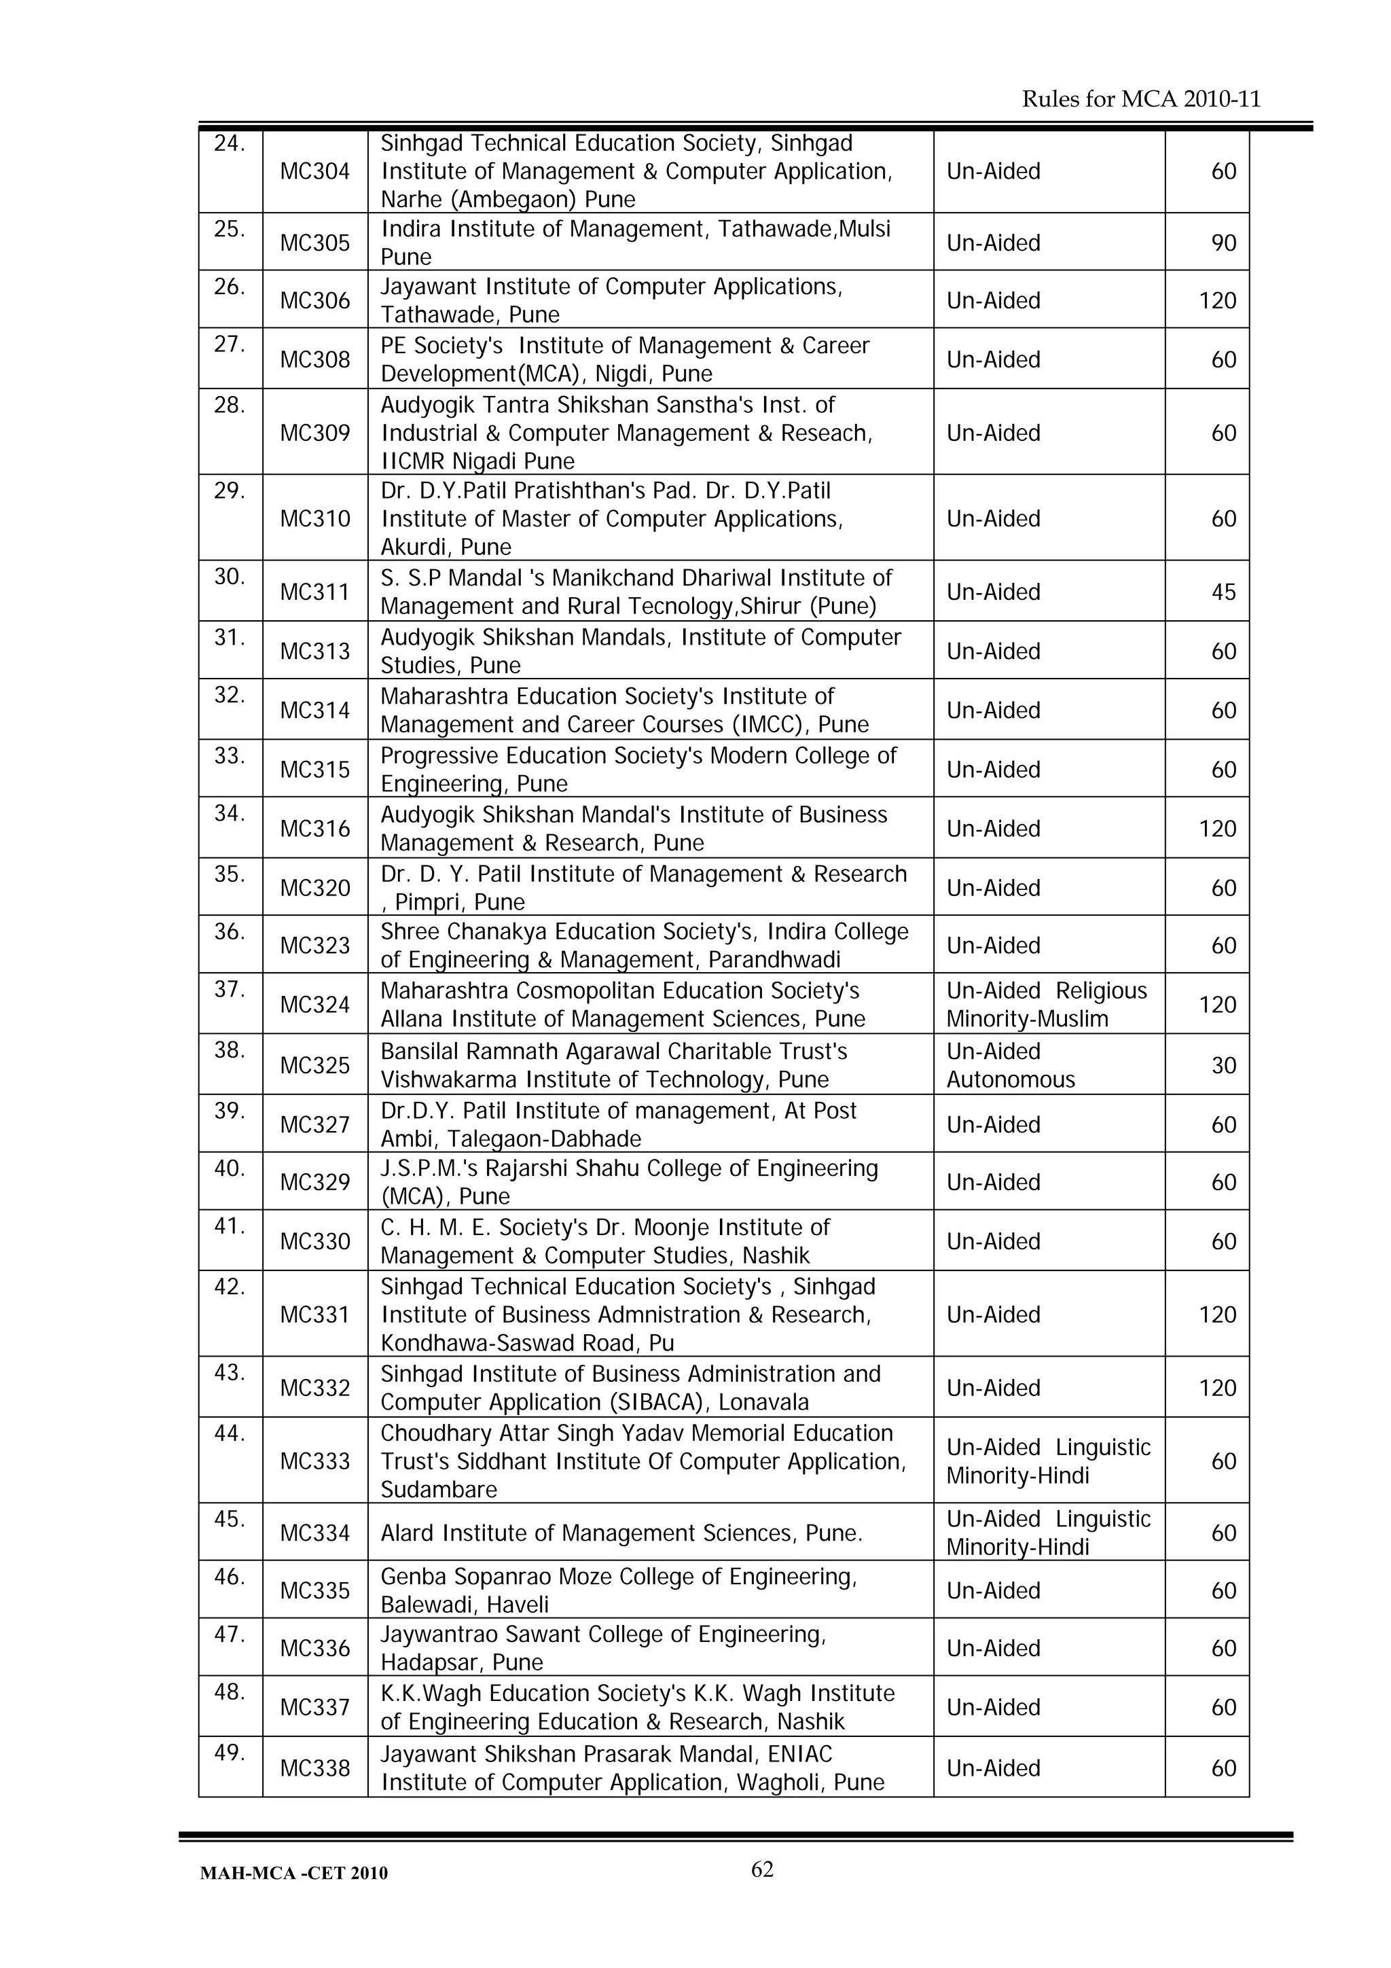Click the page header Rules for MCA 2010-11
1141,99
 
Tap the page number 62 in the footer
762,1869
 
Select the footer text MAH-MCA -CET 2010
293,1874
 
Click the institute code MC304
314,171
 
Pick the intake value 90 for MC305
1223,243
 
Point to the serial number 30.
230,577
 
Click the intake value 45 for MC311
1223,592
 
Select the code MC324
314,1005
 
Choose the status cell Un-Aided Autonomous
1011,1065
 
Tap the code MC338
314,1768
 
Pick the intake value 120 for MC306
1217,301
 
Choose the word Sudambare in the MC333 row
438,1490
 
